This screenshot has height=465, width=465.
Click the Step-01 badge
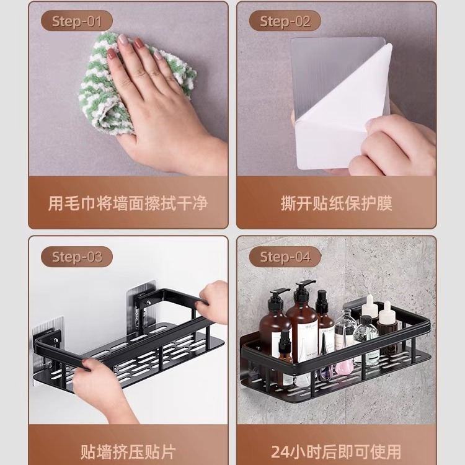[76, 21]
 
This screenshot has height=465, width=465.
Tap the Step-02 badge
[285, 21]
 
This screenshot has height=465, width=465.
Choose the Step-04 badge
[285, 256]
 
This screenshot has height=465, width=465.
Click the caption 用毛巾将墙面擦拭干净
[128, 203]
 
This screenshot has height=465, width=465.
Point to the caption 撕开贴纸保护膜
[337, 203]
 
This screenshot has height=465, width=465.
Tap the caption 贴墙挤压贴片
[128, 451]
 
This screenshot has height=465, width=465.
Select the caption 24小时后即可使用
[337, 451]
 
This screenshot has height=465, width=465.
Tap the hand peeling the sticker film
[397, 146]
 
